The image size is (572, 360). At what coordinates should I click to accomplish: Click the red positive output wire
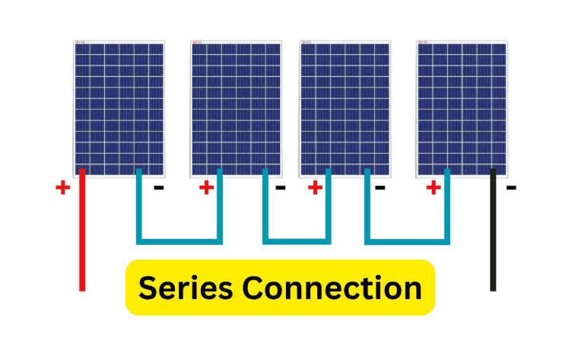pos(82,230)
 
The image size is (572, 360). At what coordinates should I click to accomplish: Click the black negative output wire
pos(493,230)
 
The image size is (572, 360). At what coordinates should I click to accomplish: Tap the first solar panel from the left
pos(119,109)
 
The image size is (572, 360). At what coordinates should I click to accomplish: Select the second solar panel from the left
pos(236,109)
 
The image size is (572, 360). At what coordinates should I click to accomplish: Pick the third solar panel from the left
pos(345,109)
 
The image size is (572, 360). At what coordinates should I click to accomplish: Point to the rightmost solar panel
pos(462,109)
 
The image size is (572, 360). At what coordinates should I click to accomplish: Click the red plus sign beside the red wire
pos(62,188)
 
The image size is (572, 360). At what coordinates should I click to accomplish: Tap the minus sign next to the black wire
pos(511,188)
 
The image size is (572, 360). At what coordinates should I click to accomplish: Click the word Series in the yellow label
pos(186,288)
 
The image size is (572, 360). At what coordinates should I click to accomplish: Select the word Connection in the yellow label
pos(332,288)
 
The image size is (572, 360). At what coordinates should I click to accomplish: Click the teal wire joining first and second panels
pos(179,242)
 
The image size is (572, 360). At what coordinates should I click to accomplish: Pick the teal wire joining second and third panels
pos(297,242)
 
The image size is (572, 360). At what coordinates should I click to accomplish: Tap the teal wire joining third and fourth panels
pos(407,242)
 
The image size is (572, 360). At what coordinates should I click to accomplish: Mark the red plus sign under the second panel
pos(206,188)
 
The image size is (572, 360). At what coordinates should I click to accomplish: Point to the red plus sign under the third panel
pos(315,188)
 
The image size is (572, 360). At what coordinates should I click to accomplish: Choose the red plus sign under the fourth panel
pos(434,188)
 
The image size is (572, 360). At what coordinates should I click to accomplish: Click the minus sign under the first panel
pos(159,188)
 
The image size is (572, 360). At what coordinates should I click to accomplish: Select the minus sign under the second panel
pos(280,188)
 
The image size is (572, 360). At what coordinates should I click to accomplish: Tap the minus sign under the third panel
pos(380,188)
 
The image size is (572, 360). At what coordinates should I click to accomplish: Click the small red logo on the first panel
pos(81,43)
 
